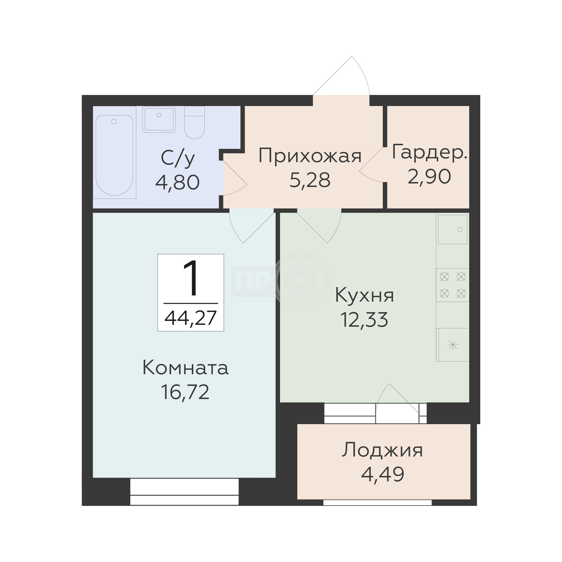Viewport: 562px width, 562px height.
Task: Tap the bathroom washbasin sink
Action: [x=159, y=119]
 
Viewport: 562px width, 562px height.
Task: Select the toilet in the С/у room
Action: [x=194, y=122]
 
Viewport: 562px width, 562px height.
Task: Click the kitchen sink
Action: [x=453, y=229]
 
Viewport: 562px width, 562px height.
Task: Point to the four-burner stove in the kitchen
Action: [x=453, y=285]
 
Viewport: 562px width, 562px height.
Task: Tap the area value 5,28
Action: [x=310, y=180]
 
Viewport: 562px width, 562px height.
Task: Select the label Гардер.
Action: [x=429, y=152]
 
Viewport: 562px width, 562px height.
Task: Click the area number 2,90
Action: [x=429, y=176]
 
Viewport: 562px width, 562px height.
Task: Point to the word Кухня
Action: [x=365, y=295]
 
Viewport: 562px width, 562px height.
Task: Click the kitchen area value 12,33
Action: [x=364, y=320]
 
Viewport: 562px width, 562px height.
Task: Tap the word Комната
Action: [x=186, y=368]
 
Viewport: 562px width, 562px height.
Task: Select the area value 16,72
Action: [x=185, y=392]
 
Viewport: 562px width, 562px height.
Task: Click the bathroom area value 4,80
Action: [x=178, y=182]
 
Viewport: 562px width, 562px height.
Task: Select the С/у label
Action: [x=178, y=159]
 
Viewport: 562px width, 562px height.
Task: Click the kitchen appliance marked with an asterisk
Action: [x=453, y=345]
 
